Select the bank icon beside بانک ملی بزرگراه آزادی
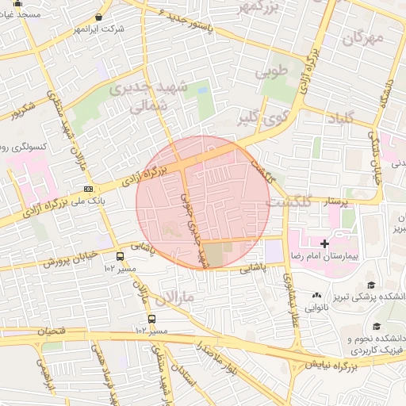pos(88,189)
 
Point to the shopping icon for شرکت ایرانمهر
pos(98,17)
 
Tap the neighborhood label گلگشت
pos(286,202)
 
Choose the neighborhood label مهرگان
pos(364,36)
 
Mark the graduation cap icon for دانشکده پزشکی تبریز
pos(370,285)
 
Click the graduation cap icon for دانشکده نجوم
pos(377,325)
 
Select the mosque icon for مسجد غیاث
pos(17,4)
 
